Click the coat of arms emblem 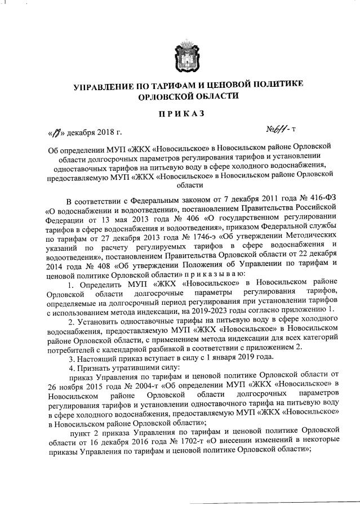pos(181,51)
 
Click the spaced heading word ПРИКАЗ pos(181,114)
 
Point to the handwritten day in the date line pos(55,134)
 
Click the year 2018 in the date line pos(101,134)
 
